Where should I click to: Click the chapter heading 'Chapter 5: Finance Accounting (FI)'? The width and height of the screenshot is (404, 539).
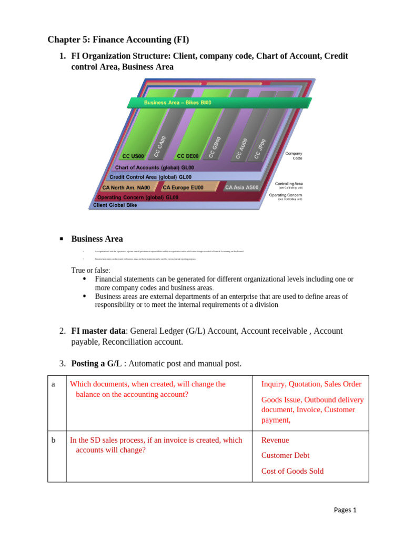point(118,39)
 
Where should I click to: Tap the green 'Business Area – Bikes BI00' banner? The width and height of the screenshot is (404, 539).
point(178,103)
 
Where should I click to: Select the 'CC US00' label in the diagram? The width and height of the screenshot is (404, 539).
point(133,156)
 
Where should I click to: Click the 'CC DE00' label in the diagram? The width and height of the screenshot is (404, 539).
point(188,156)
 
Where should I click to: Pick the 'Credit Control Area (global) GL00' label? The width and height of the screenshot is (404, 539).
point(150,177)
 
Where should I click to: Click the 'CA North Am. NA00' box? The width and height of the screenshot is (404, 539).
point(126,187)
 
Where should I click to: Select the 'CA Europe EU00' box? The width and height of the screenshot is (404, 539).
point(183,187)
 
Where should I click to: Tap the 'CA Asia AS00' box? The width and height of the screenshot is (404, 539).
point(241,187)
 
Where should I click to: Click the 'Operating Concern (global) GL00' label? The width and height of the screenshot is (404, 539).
point(138,197)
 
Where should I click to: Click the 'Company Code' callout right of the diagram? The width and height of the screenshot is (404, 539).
point(294,156)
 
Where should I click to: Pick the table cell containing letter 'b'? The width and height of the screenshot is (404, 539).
point(53,441)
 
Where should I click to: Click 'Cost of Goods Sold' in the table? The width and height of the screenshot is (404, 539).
point(292,471)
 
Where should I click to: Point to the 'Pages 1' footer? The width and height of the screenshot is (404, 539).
point(345,510)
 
